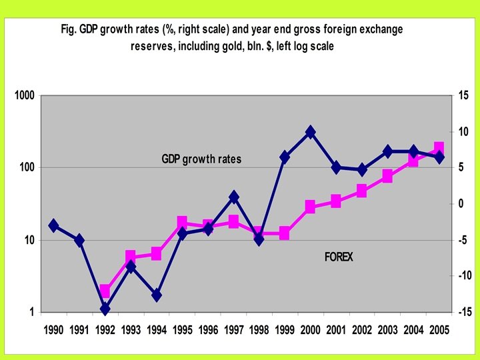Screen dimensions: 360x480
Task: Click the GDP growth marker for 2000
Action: [x=311, y=132]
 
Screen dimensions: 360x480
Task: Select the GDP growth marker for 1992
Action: [x=105, y=309]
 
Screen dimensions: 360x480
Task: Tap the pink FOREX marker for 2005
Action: [x=439, y=148]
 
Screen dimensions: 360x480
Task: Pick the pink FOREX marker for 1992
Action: [x=105, y=291]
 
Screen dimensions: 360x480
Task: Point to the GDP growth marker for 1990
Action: [x=54, y=225]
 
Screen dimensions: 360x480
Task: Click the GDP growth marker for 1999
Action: [x=285, y=157]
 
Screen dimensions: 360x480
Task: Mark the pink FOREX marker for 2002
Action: [x=362, y=191]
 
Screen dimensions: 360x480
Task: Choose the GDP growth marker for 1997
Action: [x=233, y=197]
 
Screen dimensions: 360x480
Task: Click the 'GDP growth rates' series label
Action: [x=201, y=159]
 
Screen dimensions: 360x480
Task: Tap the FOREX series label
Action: [x=339, y=257]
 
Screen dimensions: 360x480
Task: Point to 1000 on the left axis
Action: [x=25, y=96]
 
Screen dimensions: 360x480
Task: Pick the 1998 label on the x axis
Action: [x=259, y=329]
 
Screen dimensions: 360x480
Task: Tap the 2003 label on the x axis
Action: [x=387, y=329]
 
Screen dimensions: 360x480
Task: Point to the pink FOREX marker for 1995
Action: [x=182, y=222]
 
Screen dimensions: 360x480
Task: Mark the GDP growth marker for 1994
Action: [x=157, y=295]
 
